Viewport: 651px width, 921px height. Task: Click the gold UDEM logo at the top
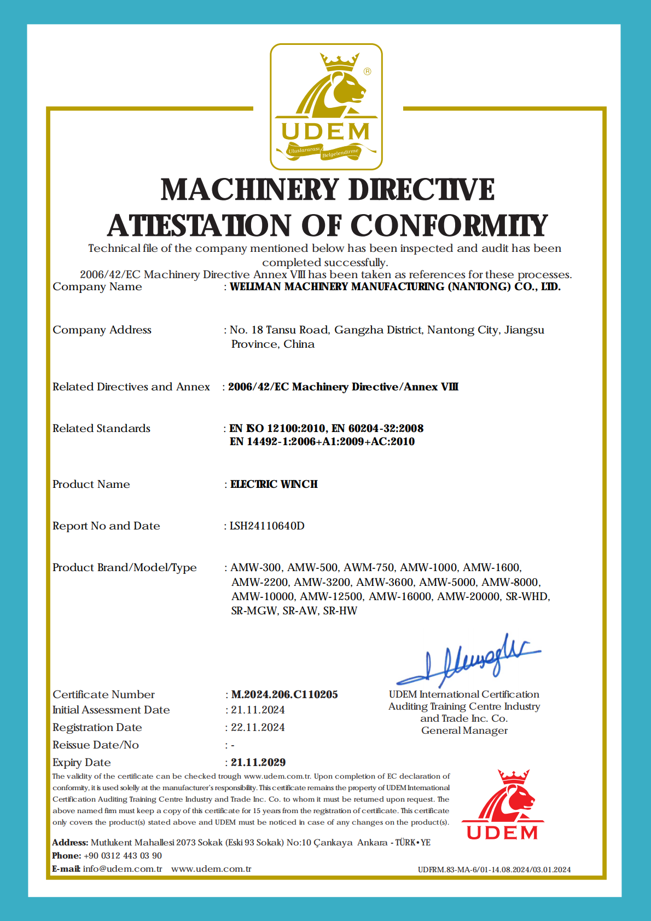tap(326, 107)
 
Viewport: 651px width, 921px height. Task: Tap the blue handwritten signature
tap(468, 660)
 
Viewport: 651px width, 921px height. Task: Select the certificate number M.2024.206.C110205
tap(284, 694)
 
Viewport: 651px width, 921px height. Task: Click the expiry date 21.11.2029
tap(258, 762)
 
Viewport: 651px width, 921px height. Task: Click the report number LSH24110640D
tap(267, 526)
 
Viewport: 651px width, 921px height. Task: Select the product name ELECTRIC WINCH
tap(274, 484)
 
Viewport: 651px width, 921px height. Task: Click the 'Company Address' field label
tap(102, 330)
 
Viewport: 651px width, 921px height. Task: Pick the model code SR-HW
tap(340, 611)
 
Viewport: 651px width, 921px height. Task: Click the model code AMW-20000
tap(468, 596)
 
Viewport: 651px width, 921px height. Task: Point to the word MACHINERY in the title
tap(250, 190)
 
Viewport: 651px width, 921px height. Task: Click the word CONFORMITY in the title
tap(449, 226)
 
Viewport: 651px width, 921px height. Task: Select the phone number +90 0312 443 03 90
tap(123, 855)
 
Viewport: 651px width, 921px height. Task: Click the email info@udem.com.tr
tap(123, 868)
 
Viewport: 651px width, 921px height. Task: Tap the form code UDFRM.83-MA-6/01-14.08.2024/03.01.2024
tap(494, 870)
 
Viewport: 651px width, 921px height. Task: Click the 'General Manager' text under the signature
tap(464, 730)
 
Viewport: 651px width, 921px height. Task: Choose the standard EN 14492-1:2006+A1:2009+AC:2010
tap(322, 441)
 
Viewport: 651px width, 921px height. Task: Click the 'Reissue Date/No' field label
tap(96, 745)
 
